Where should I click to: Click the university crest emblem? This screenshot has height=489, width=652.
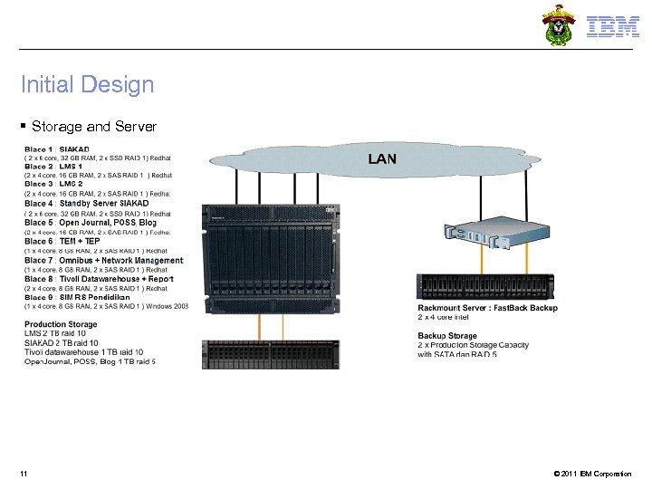coord(558,24)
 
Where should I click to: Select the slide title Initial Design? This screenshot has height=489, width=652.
coord(88,85)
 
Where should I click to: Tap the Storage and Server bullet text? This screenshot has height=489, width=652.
coord(93,126)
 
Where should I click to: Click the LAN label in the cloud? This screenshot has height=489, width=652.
coord(381,158)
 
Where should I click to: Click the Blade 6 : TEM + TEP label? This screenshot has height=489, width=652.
coord(62,242)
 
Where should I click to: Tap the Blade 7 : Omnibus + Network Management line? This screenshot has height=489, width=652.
coord(103,260)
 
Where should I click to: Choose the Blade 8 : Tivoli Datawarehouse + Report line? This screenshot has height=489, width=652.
coord(99,279)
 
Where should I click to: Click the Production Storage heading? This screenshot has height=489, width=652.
coord(61,324)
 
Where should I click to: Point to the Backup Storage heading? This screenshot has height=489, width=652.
coord(447,336)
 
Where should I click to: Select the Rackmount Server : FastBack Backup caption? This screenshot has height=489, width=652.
coord(488,308)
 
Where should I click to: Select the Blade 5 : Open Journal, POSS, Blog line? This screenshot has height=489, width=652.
coord(91,223)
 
